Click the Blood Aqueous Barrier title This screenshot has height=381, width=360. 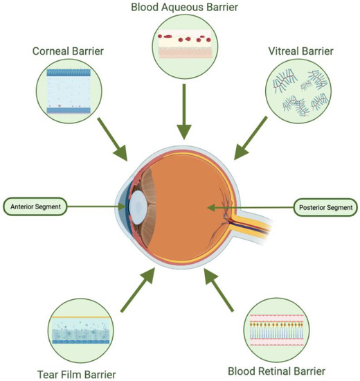coord(183,8)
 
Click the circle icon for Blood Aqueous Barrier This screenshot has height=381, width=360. coord(183,45)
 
